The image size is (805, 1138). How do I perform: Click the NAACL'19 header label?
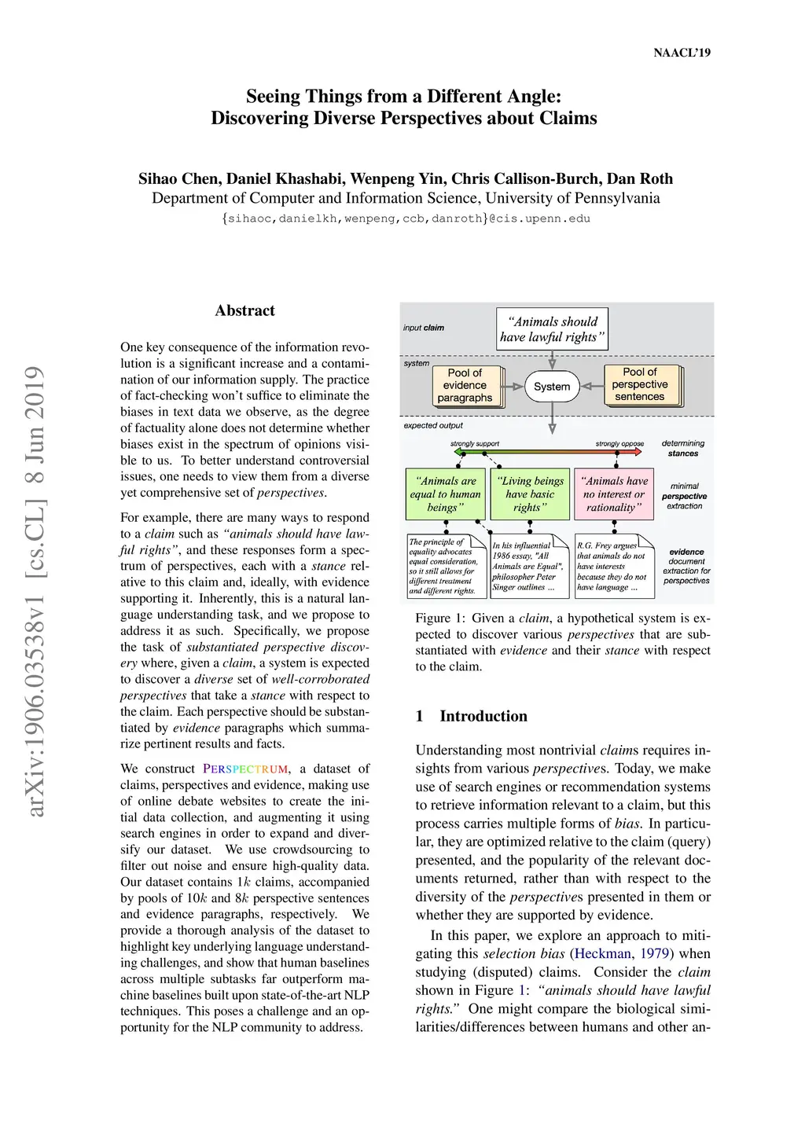pos(682,53)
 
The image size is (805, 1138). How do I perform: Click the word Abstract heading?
pos(244,310)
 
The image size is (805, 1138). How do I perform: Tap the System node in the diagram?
pos(552,386)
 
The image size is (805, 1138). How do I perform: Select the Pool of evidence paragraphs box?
pos(465,385)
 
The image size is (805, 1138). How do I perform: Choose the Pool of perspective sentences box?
pos(639,384)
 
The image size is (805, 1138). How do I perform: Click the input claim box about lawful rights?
pos(552,329)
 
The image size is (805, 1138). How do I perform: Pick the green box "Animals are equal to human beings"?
pos(446,494)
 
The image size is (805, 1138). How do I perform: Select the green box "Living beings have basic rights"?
pos(530,494)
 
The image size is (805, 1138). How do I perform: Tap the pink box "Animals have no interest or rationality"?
pos(614,494)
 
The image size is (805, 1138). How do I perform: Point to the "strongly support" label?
pos(475,444)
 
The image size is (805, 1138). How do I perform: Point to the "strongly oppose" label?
pos(619,444)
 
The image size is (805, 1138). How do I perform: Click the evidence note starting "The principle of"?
pos(443,566)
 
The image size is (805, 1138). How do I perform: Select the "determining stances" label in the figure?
pos(683,448)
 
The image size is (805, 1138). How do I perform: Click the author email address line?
pos(406,218)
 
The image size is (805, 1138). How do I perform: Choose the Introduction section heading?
pos(483,716)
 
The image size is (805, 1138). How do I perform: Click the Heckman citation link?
pos(603,953)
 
